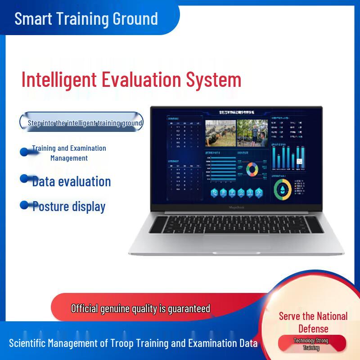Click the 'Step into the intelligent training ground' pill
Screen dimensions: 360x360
(81, 122)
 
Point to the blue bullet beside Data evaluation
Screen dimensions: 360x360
(25, 179)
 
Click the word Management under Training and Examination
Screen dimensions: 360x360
(69, 158)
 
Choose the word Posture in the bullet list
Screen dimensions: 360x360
(50, 207)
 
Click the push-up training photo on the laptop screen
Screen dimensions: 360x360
(220, 133)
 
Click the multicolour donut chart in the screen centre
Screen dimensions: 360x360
(252, 169)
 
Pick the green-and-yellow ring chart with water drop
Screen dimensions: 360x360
(283, 189)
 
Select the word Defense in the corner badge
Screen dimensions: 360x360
(313, 328)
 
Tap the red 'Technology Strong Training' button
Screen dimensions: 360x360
(311, 344)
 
